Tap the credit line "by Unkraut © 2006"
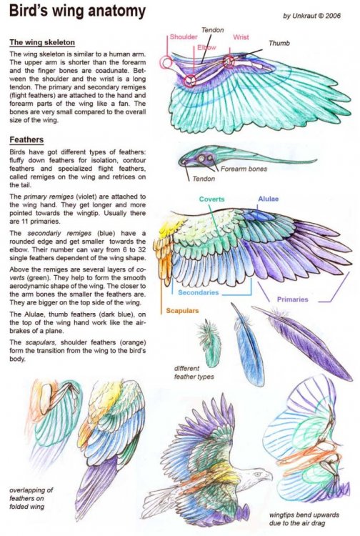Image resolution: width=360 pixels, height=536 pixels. click(x=316, y=16)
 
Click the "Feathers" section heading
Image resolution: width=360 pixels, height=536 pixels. click(x=28, y=139)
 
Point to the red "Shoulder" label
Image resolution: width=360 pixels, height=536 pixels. click(x=184, y=37)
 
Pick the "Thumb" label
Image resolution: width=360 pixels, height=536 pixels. click(x=280, y=42)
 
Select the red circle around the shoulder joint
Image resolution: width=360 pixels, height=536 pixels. click(x=166, y=63)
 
